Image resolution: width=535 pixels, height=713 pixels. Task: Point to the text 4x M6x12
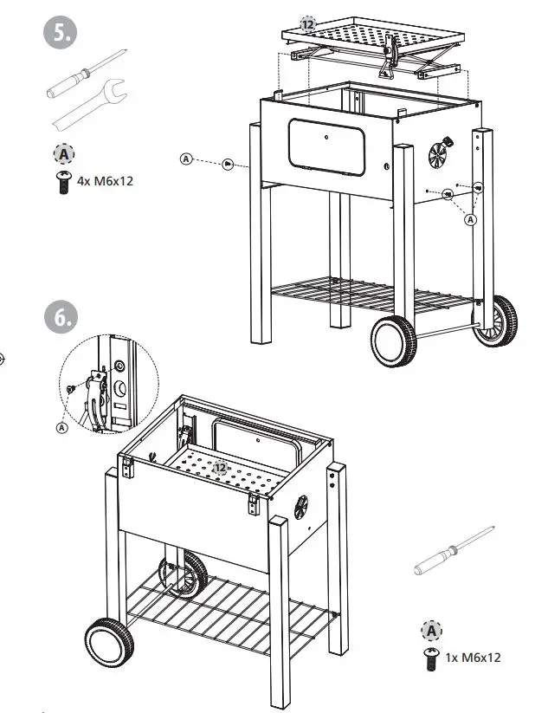107,182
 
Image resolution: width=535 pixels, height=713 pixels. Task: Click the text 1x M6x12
473,658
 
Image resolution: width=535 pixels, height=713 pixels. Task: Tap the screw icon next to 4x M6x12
63,183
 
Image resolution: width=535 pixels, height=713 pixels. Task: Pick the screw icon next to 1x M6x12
430,658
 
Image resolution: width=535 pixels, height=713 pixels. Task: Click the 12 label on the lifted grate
308,23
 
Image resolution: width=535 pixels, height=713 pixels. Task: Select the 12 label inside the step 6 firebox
221,468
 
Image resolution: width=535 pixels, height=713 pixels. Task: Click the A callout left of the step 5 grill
186,159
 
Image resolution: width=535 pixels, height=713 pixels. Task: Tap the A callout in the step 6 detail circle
62,426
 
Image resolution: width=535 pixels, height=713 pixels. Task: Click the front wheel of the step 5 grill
394,339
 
